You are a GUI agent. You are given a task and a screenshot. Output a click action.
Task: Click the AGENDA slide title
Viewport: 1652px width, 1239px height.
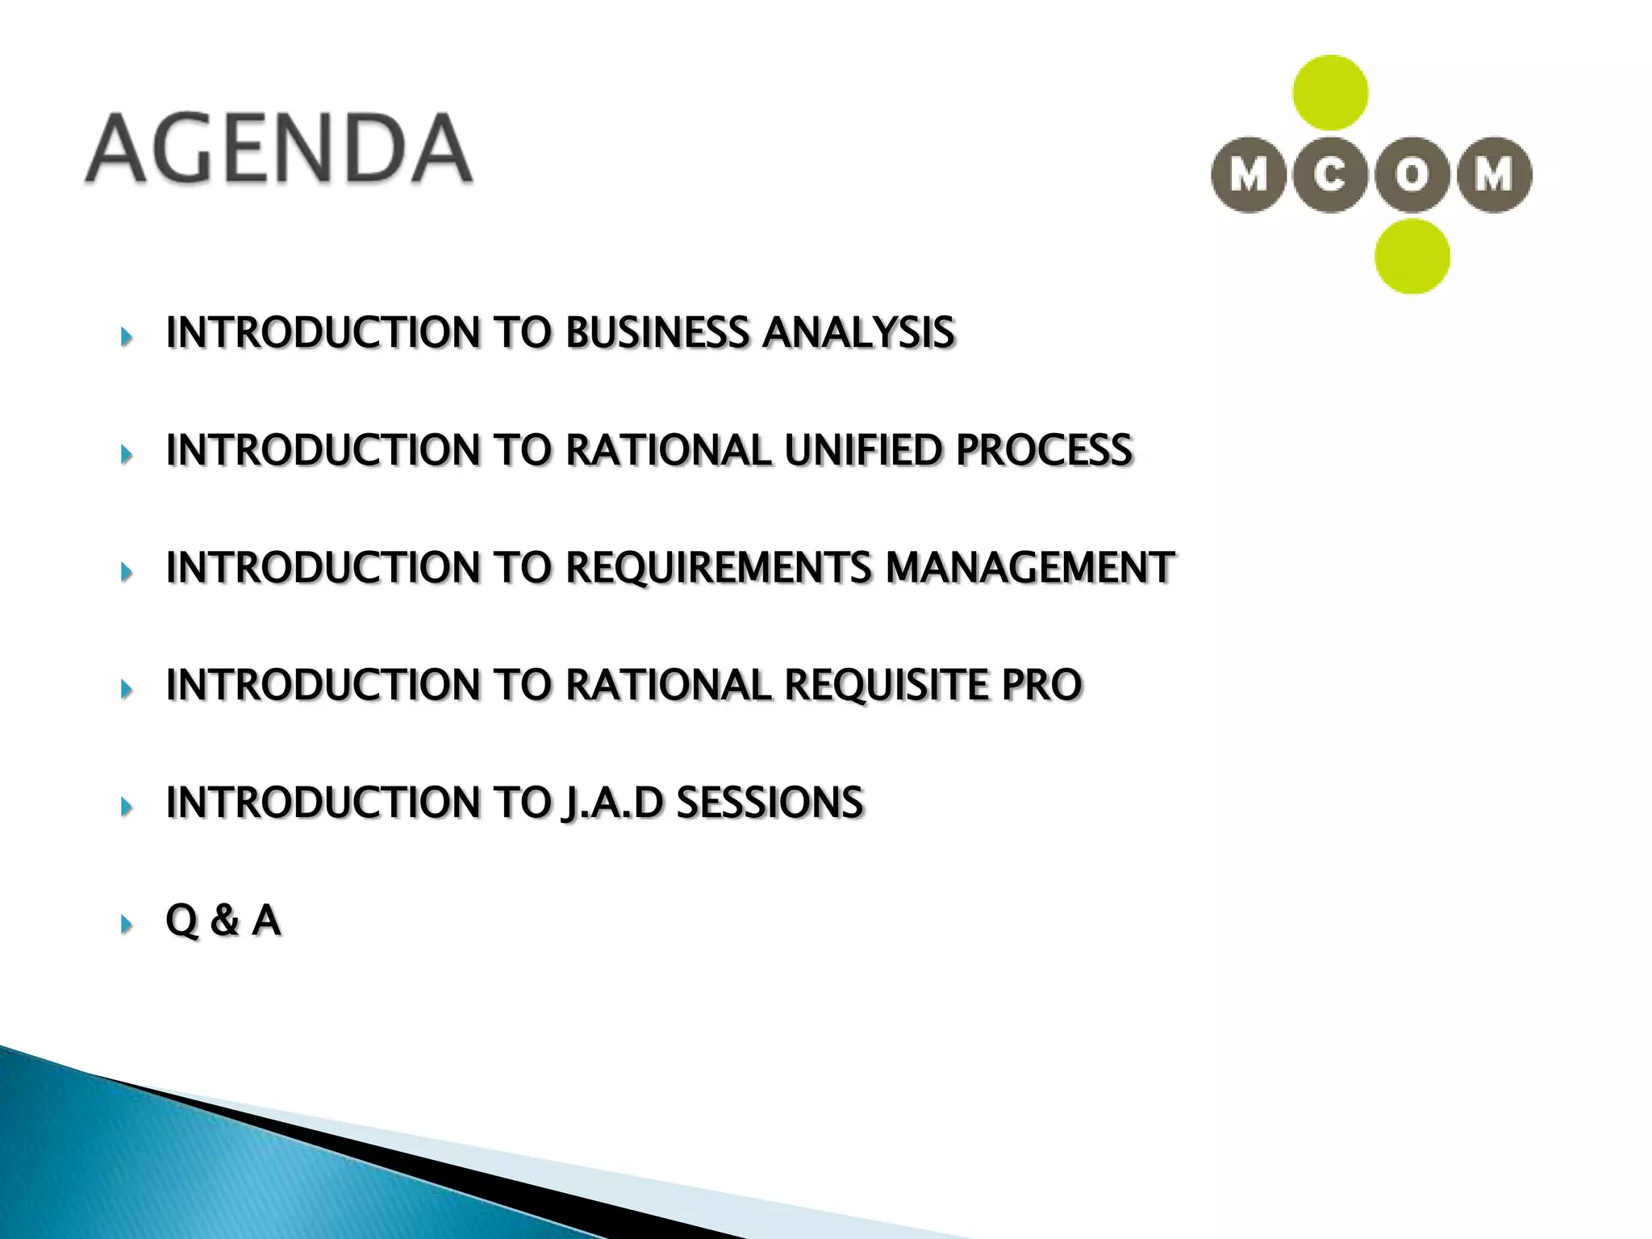click(278, 149)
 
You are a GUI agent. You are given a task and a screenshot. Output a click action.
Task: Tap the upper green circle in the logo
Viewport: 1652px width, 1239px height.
click(1330, 93)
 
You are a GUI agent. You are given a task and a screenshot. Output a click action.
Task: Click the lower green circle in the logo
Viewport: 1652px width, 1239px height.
click(1412, 257)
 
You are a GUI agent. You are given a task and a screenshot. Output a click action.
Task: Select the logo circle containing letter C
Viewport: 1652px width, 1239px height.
click(1330, 175)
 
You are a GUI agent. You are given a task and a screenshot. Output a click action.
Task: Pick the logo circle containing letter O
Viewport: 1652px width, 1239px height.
click(1412, 175)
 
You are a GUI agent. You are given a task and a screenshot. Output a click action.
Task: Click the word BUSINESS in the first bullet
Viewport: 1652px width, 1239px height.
click(657, 332)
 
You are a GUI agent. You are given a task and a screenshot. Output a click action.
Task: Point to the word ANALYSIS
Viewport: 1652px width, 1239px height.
click(858, 332)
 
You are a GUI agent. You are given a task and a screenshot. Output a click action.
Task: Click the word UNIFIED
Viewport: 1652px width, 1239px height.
click(863, 450)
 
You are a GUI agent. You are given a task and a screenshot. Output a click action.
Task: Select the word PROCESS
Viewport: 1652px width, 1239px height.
click(1044, 450)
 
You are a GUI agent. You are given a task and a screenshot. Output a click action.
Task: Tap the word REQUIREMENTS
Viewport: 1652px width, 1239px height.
click(719, 568)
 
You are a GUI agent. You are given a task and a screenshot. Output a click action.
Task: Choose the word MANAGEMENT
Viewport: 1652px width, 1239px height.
click(1030, 568)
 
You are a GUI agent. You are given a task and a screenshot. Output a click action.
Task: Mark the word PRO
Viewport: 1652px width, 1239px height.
click(1041, 686)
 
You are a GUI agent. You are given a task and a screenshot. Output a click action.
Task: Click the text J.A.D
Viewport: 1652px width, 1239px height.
click(611, 803)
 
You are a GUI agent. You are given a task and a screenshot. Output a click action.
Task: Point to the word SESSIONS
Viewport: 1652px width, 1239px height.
click(770, 803)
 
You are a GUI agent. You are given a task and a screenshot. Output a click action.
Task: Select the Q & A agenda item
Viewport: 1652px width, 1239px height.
click(223, 920)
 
